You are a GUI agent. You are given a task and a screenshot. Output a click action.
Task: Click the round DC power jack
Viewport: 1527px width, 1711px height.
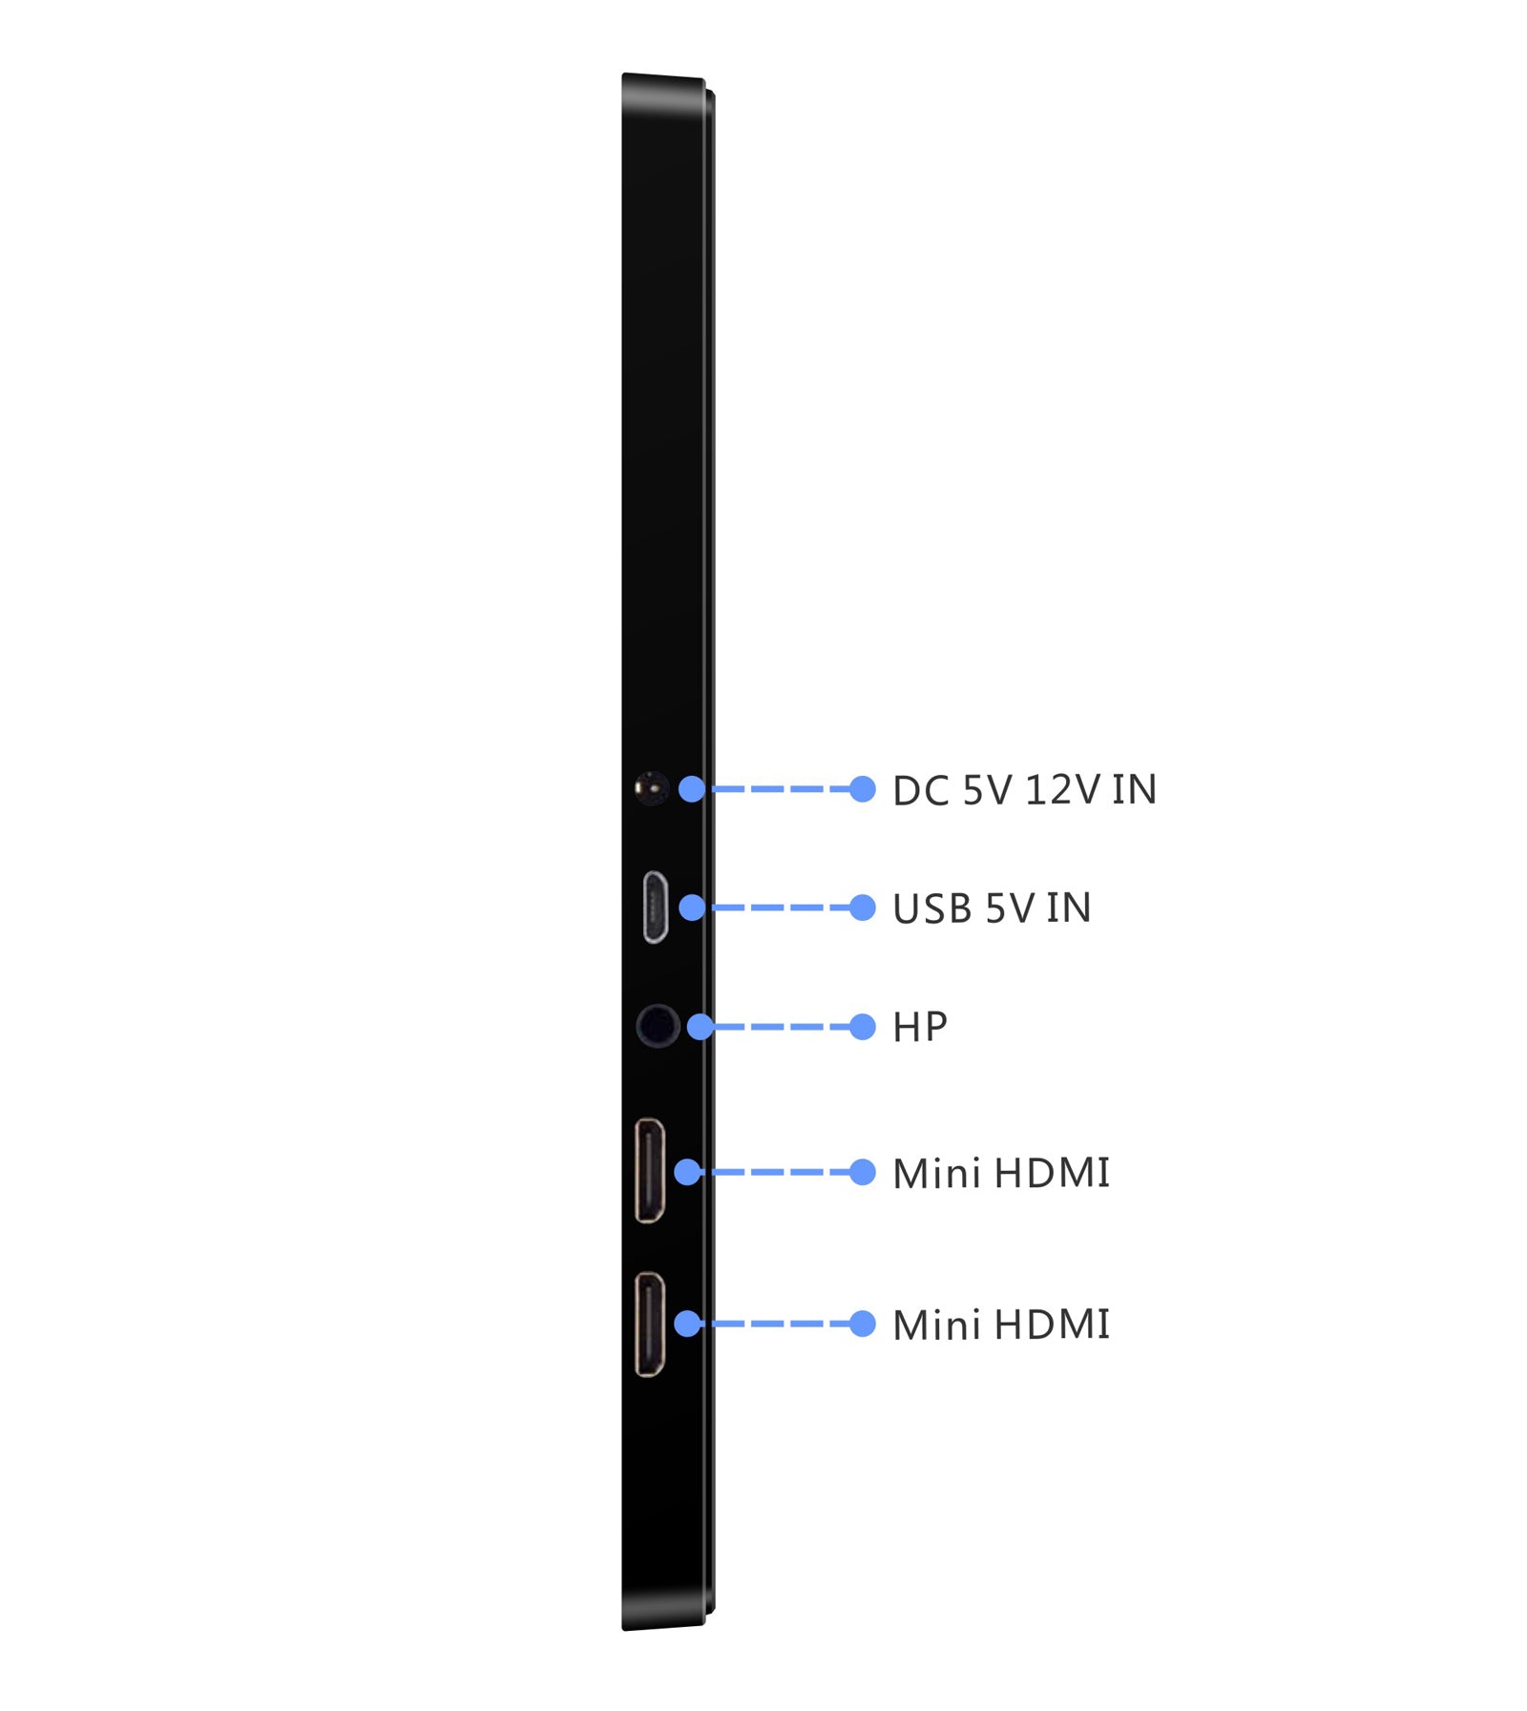651,788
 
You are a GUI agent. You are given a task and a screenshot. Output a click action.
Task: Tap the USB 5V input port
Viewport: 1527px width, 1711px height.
655,907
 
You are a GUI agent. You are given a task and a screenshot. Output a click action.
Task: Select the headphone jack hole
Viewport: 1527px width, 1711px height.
657,1026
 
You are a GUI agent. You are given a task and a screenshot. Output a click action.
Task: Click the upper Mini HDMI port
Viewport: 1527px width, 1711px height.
650,1170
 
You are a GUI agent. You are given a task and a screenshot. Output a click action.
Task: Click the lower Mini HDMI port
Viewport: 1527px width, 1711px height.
650,1324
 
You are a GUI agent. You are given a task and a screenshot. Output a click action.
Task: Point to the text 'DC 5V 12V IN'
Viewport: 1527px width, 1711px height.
1024,790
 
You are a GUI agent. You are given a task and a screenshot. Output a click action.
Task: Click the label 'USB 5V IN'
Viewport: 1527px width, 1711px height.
992,908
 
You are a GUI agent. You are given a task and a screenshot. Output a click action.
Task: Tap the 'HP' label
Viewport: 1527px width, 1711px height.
920,1027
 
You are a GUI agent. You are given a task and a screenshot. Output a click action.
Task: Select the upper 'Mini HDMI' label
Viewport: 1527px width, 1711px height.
1001,1173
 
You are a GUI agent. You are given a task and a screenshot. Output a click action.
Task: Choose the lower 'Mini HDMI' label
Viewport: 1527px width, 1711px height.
1001,1325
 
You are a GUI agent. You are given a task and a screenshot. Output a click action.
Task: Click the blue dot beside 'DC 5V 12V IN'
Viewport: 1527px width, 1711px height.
862,789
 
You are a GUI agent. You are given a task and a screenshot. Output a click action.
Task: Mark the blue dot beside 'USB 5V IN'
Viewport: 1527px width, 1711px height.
862,908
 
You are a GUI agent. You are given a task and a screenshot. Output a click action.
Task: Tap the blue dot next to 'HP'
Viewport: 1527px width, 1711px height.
862,1027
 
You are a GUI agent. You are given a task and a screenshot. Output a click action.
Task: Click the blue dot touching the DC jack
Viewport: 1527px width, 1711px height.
692,789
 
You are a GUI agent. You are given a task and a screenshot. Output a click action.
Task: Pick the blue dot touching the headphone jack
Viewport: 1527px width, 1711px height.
701,1027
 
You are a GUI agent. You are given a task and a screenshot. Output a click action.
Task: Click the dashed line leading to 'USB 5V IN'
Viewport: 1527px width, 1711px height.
778,908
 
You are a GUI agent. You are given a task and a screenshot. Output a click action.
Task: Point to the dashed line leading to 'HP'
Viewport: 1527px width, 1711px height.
782,1027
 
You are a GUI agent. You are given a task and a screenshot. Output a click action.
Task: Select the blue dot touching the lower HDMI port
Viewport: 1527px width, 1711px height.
687,1324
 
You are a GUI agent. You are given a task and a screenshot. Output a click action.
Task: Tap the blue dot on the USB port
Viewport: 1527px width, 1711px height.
693,908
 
